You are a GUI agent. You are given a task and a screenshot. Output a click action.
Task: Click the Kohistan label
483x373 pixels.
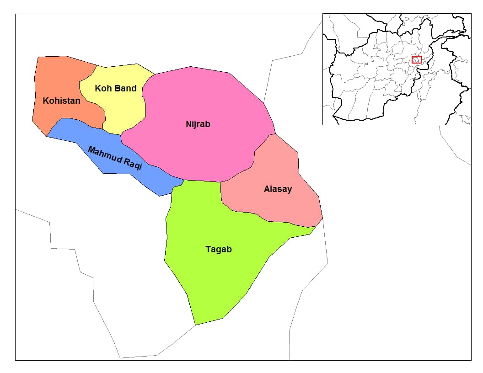coord(61,101)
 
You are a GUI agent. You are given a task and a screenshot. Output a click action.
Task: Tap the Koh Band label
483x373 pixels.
coord(116,88)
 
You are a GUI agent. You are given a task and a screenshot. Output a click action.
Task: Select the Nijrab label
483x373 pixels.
coord(198,124)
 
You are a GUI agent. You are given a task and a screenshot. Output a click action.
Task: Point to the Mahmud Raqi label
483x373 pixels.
coord(115,158)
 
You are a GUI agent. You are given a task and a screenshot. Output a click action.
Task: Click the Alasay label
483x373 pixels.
coord(278,189)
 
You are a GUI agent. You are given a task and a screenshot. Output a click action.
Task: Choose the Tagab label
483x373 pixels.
coord(219,249)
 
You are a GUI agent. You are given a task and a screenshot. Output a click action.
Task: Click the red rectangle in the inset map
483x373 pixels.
coord(416,59)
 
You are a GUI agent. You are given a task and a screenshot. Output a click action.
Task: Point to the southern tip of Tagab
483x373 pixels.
coord(196,325)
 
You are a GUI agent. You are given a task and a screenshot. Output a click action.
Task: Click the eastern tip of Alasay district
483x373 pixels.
coord(322,218)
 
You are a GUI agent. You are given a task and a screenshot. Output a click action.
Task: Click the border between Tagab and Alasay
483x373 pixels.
coord(256,217)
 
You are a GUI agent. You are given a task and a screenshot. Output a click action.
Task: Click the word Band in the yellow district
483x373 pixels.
coord(126,88)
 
